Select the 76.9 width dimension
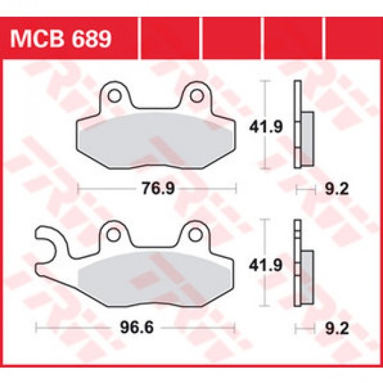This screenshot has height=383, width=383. coord(157,188)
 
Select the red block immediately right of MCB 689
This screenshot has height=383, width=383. coord(169,36)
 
